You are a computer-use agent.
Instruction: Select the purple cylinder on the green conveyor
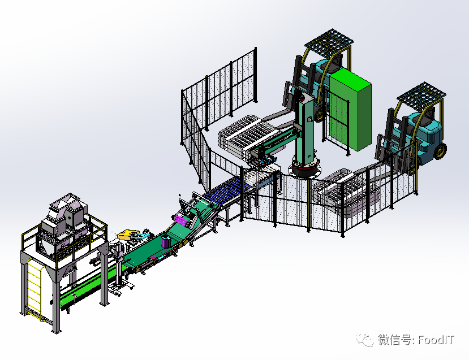(x=166, y=241)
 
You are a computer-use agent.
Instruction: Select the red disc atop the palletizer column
(x=302, y=97)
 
